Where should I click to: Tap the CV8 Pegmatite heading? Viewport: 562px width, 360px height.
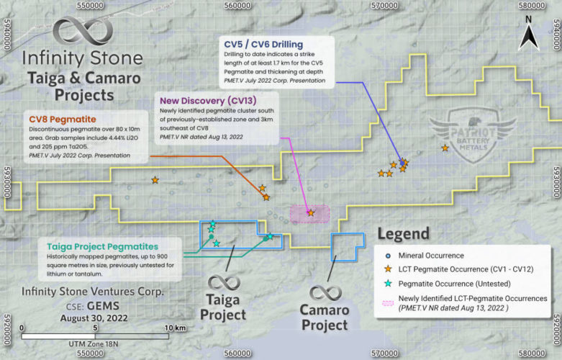58,118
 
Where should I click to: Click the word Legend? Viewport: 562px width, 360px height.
403,234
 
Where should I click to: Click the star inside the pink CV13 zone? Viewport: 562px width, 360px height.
310,213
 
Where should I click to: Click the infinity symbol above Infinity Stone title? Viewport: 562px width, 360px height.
82,33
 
